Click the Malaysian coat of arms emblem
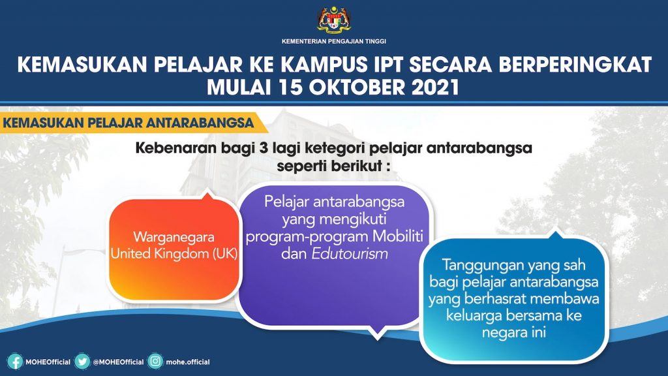click(334, 20)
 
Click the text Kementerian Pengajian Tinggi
click(334, 41)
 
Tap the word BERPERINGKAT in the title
click(575, 65)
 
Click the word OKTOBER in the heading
click(357, 87)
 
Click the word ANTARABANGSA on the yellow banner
click(200, 123)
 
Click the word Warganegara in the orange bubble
click(174, 238)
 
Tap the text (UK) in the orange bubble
click(224, 254)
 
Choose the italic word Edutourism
click(350, 254)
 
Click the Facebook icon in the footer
click(15, 362)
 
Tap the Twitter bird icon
click(82, 362)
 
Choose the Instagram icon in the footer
click(155, 362)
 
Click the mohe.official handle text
click(188, 362)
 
